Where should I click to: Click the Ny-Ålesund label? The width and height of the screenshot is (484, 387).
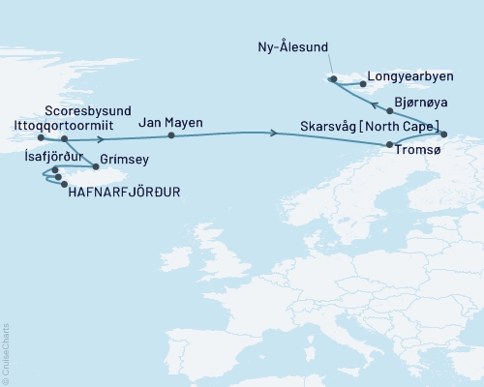click(x=291, y=47)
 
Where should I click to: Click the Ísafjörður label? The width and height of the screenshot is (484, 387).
click(x=59, y=155)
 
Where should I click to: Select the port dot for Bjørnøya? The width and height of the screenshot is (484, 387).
click(x=389, y=112)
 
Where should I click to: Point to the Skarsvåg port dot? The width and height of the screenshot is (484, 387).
click(x=441, y=134)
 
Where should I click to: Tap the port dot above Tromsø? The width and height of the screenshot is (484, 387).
click(x=390, y=145)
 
